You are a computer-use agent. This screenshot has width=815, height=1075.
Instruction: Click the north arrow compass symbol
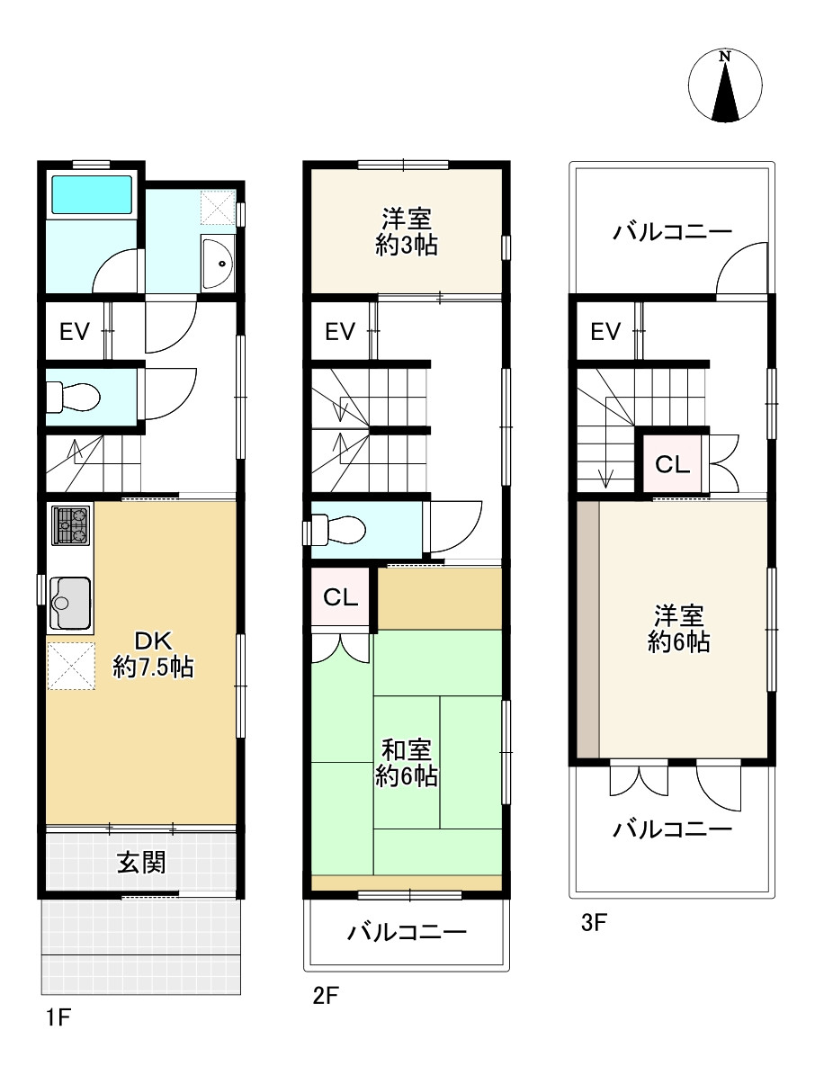tap(725, 86)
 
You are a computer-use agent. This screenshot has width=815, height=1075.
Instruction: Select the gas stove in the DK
tap(70, 525)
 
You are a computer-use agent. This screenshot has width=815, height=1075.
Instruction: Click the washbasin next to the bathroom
tap(217, 262)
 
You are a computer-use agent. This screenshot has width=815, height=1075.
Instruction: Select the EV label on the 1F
tap(75, 332)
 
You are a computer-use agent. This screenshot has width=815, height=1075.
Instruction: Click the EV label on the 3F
tap(605, 332)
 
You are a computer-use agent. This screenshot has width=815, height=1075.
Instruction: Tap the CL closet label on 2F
tap(340, 597)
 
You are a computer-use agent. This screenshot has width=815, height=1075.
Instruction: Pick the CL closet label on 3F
tap(672, 465)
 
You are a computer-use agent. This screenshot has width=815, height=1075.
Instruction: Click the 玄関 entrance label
tap(141, 863)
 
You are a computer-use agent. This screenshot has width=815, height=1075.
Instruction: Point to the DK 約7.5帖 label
tap(152, 655)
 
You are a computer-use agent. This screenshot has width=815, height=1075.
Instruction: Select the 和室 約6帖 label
tap(407, 763)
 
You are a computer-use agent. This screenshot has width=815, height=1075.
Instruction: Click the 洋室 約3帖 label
tap(407, 232)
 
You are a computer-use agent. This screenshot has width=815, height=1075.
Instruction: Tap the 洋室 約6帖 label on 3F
tap(678, 629)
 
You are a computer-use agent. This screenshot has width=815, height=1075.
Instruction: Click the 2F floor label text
tap(324, 996)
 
